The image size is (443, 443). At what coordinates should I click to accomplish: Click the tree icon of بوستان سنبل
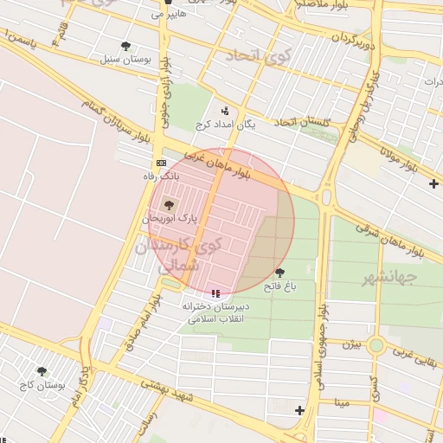coord(126,46)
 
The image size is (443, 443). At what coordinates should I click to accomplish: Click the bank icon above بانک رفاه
coord(161,163)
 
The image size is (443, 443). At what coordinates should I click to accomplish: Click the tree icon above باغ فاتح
coord(279,273)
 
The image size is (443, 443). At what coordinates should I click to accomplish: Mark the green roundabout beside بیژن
coord(376,346)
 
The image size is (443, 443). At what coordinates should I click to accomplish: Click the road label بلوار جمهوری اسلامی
coord(319,346)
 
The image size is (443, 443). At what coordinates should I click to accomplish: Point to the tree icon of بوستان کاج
coord(41,371)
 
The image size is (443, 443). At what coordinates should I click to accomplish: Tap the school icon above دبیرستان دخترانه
coord(215,294)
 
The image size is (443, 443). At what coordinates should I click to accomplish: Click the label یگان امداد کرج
coord(227,125)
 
